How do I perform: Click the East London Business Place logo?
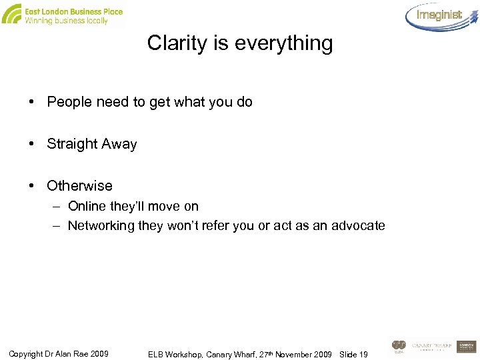(x=63, y=15)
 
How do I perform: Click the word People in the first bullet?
(x=70, y=103)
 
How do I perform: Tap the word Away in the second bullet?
(x=121, y=144)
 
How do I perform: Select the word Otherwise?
(x=79, y=185)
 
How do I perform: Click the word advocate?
(x=358, y=226)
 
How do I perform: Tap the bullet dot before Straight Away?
(x=32, y=144)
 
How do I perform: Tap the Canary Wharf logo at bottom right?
(x=431, y=346)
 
